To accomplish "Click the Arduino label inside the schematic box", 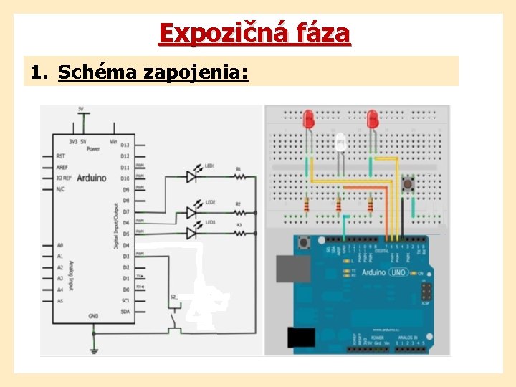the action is coord(91,177).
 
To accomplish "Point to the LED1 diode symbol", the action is coord(191,174).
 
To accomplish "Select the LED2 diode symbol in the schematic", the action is coord(191,211).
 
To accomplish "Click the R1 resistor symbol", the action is coord(239,175).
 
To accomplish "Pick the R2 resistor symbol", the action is coord(239,212).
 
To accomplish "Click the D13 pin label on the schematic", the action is coord(125,145).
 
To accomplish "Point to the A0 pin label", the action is coord(60,245).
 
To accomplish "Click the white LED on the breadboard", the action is coord(341,144).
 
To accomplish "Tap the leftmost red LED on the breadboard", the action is coord(310,119).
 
